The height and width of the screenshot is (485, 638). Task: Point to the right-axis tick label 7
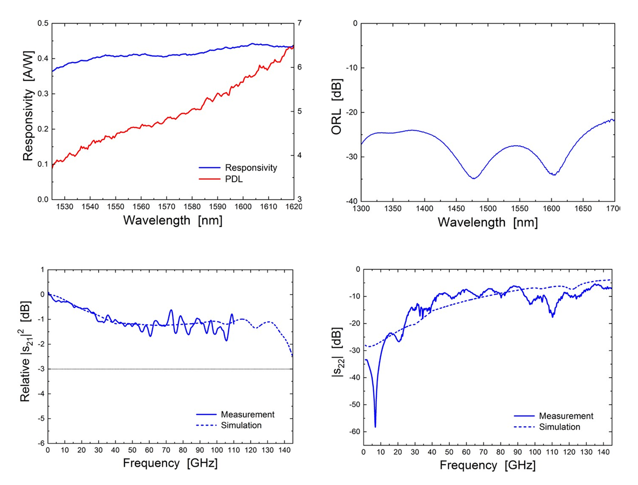click(x=300, y=23)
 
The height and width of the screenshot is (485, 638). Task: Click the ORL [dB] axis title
click(x=338, y=112)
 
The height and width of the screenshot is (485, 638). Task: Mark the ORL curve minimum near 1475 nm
click(x=474, y=178)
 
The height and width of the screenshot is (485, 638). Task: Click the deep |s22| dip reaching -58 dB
click(x=375, y=426)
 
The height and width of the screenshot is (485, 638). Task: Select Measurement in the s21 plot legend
click(x=248, y=414)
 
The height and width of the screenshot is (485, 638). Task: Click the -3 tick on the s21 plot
click(x=40, y=369)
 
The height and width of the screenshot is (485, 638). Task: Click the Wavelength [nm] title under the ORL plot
click(x=488, y=222)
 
